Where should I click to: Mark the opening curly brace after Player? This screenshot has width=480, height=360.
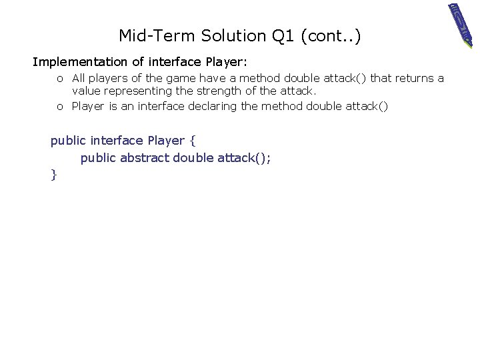pos(192,141)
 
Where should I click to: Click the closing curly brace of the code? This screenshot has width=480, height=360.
pos(53,175)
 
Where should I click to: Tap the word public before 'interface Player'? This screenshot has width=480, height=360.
pos(69,141)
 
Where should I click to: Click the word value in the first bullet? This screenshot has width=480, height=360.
pos(85,90)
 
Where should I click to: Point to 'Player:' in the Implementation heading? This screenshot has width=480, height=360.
pos(227,62)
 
